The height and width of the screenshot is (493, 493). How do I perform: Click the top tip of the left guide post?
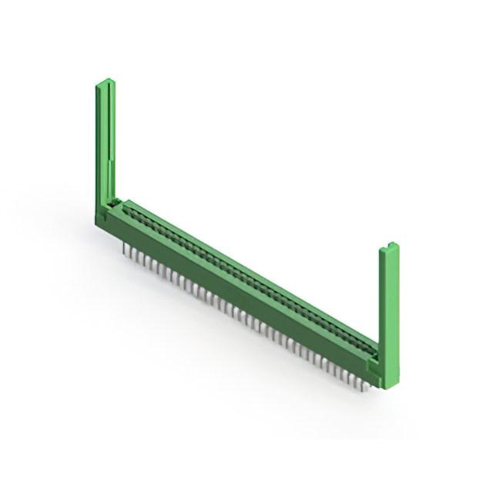[104, 80]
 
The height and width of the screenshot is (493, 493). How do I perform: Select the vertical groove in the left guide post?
[110, 139]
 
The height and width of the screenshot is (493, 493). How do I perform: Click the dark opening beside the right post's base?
[372, 355]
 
